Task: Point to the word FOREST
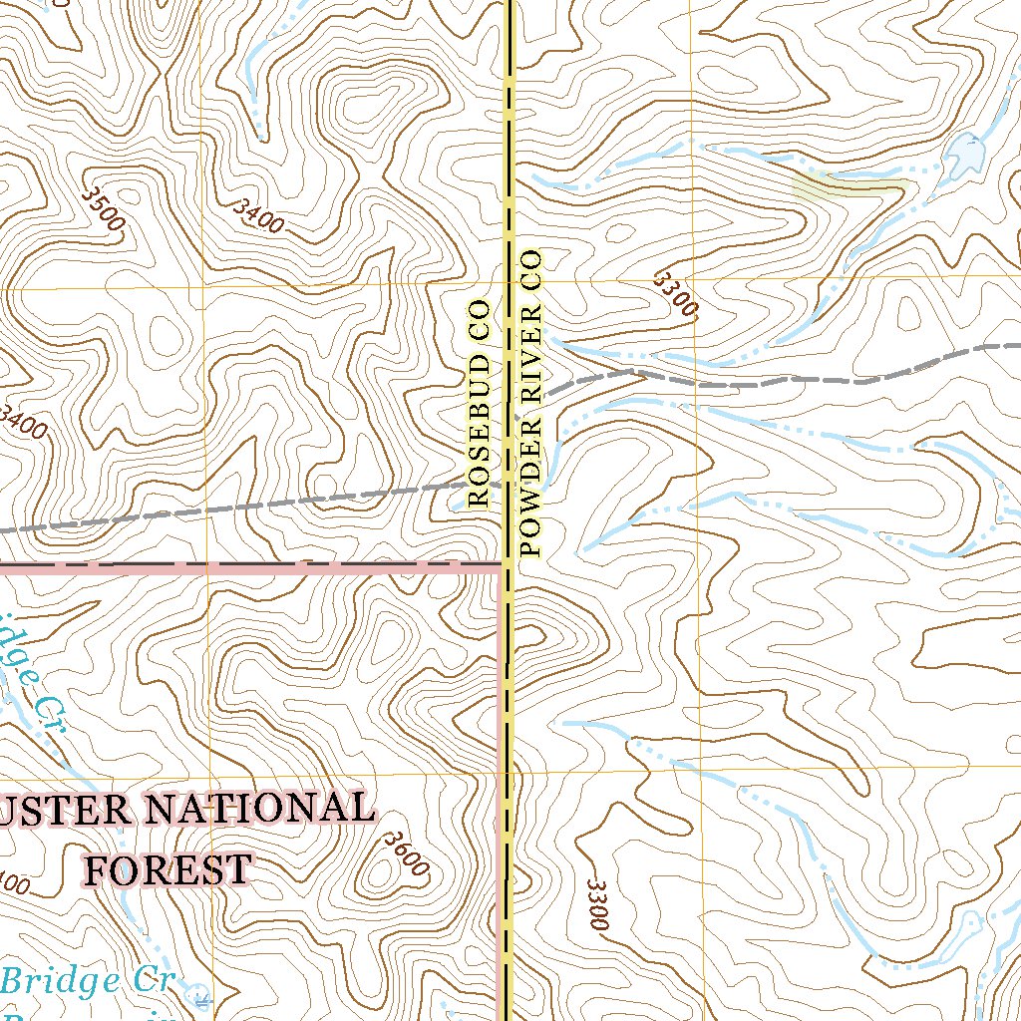pos(167,869)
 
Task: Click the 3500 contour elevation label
pos(104,207)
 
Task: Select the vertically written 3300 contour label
pos(597,904)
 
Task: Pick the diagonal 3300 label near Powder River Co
pos(674,294)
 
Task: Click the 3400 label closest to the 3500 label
pos(255,215)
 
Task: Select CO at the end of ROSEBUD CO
pos(479,318)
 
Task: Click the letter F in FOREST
pos(98,869)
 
